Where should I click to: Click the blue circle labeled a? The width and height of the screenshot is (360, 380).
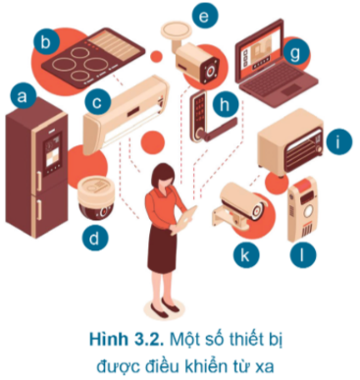pyautogui.click(x=23, y=96)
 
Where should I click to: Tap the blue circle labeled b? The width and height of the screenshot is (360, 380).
pyautogui.click(x=46, y=42)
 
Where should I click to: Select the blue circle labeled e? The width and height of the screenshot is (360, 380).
pyautogui.click(x=205, y=16)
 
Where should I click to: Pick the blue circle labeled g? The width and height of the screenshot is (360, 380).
pyautogui.click(x=296, y=53)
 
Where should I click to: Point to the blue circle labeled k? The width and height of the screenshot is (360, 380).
pyautogui.click(x=246, y=254)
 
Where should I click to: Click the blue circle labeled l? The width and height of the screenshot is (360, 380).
pyautogui.click(x=303, y=254)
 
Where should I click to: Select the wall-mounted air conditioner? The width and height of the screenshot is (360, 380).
pyautogui.click(x=126, y=115)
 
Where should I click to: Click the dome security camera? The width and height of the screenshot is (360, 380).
pyautogui.click(x=96, y=199)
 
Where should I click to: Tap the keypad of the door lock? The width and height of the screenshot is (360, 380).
pyautogui.click(x=200, y=109)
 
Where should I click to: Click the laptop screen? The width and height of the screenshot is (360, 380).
pyautogui.click(x=259, y=49)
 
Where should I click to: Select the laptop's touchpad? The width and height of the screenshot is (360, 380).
pyautogui.click(x=293, y=88)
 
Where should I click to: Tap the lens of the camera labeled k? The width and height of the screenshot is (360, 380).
pyautogui.click(x=258, y=210)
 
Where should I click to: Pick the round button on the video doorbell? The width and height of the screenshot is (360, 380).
pyautogui.click(x=307, y=212)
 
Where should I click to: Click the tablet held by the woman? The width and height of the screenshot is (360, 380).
pyautogui.click(x=187, y=218)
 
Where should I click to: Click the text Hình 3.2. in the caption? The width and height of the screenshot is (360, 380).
pyautogui.click(x=127, y=340)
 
